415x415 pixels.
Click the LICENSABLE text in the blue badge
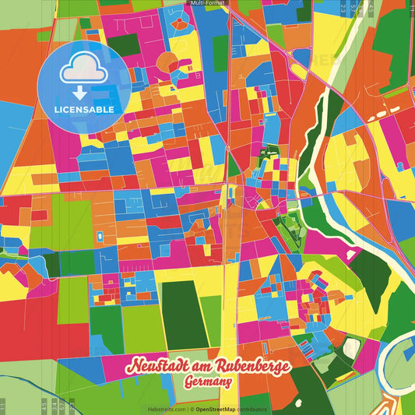tap(83, 109)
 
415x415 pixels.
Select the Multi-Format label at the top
tap(207, 4)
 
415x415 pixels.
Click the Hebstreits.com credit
tap(167, 409)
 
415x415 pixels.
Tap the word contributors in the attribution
tap(252, 409)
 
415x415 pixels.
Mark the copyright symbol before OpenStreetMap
tap(191, 409)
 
